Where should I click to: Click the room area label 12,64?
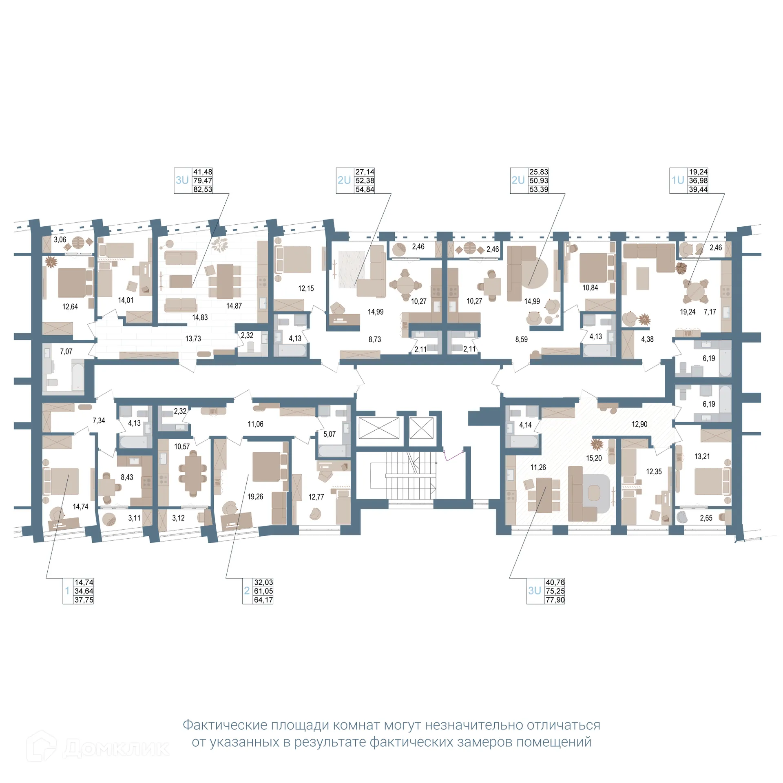[70, 307]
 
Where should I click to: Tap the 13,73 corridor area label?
[193, 338]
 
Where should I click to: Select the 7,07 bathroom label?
[66, 351]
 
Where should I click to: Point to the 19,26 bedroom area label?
[255, 496]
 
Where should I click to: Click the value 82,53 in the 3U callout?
[202, 189]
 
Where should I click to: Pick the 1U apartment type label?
[677, 180]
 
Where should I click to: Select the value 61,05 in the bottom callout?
[263, 591]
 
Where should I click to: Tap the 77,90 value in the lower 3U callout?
[555, 600]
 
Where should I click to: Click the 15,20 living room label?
[593, 458]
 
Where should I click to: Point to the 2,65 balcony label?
[706, 518]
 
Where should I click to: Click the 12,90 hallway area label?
[639, 424]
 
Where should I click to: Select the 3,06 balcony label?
[60, 239]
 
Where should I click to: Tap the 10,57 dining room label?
[181, 447]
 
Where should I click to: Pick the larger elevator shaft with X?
[378, 428]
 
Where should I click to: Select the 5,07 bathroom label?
[329, 434]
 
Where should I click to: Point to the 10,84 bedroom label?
[590, 288]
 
